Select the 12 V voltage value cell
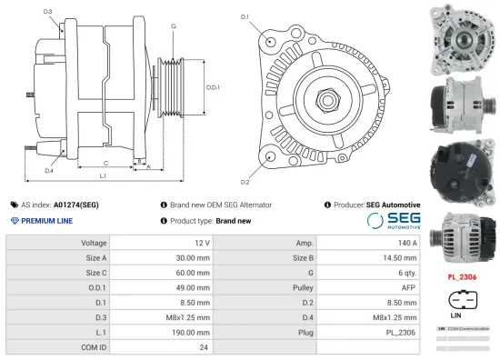click(201, 243)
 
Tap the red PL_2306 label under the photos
click(463, 275)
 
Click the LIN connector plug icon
click(463, 299)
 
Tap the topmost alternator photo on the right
click(463, 36)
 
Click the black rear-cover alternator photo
click(463, 169)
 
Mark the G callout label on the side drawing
click(173, 26)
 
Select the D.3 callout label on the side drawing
click(47, 11)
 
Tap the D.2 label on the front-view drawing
click(245, 169)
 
